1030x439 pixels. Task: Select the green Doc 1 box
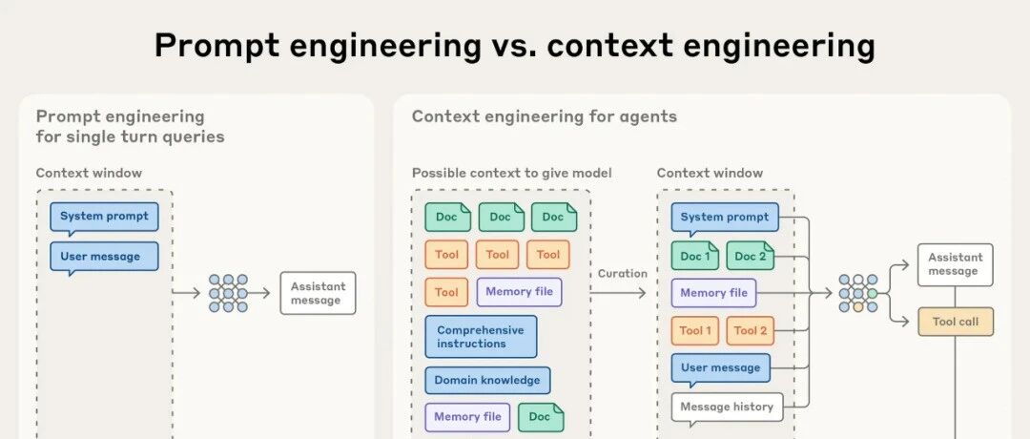click(x=695, y=256)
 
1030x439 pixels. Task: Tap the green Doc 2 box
click(x=751, y=256)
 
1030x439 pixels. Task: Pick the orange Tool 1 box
click(x=695, y=331)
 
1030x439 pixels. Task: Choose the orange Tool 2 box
click(x=751, y=331)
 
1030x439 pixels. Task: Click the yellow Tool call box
click(x=955, y=323)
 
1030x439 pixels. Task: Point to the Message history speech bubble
click(x=727, y=408)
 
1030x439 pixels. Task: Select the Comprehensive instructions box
click(x=481, y=337)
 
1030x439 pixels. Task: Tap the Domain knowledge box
click(x=487, y=380)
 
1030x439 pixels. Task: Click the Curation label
click(x=622, y=274)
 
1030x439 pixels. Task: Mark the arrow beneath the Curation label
click(x=623, y=293)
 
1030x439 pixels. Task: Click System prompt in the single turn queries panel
click(x=104, y=217)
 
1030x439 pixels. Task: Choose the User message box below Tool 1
click(x=720, y=368)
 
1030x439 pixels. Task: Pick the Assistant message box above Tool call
click(x=955, y=264)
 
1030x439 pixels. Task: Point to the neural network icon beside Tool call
click(x=858, y=293)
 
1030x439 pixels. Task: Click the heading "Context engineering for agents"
click(x=545, y=116)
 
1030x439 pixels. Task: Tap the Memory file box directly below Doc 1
click(x=714, y=293)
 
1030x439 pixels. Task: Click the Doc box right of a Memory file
click(x=541, y=417)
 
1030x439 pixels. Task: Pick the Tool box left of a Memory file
click(x=446, y=293)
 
